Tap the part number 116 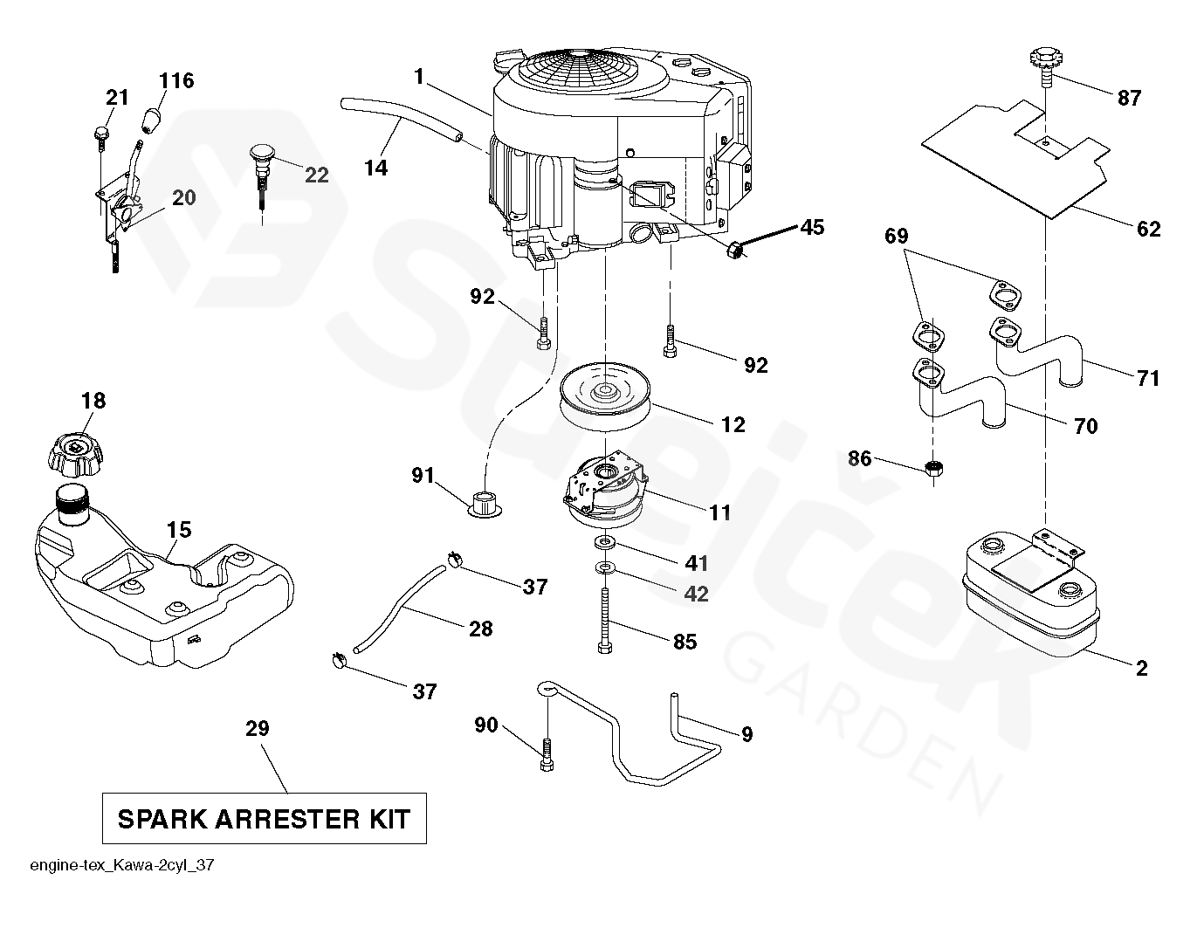[176, 81]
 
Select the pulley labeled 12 [607, 396]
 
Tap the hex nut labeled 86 [934, 469]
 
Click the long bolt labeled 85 [605, 621]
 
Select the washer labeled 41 [605, 542]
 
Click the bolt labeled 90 [547, 754]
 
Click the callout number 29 [258, 728]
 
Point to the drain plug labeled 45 [734, 251]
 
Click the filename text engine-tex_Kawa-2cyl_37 [122, 865]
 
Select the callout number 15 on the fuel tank [179, 530]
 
